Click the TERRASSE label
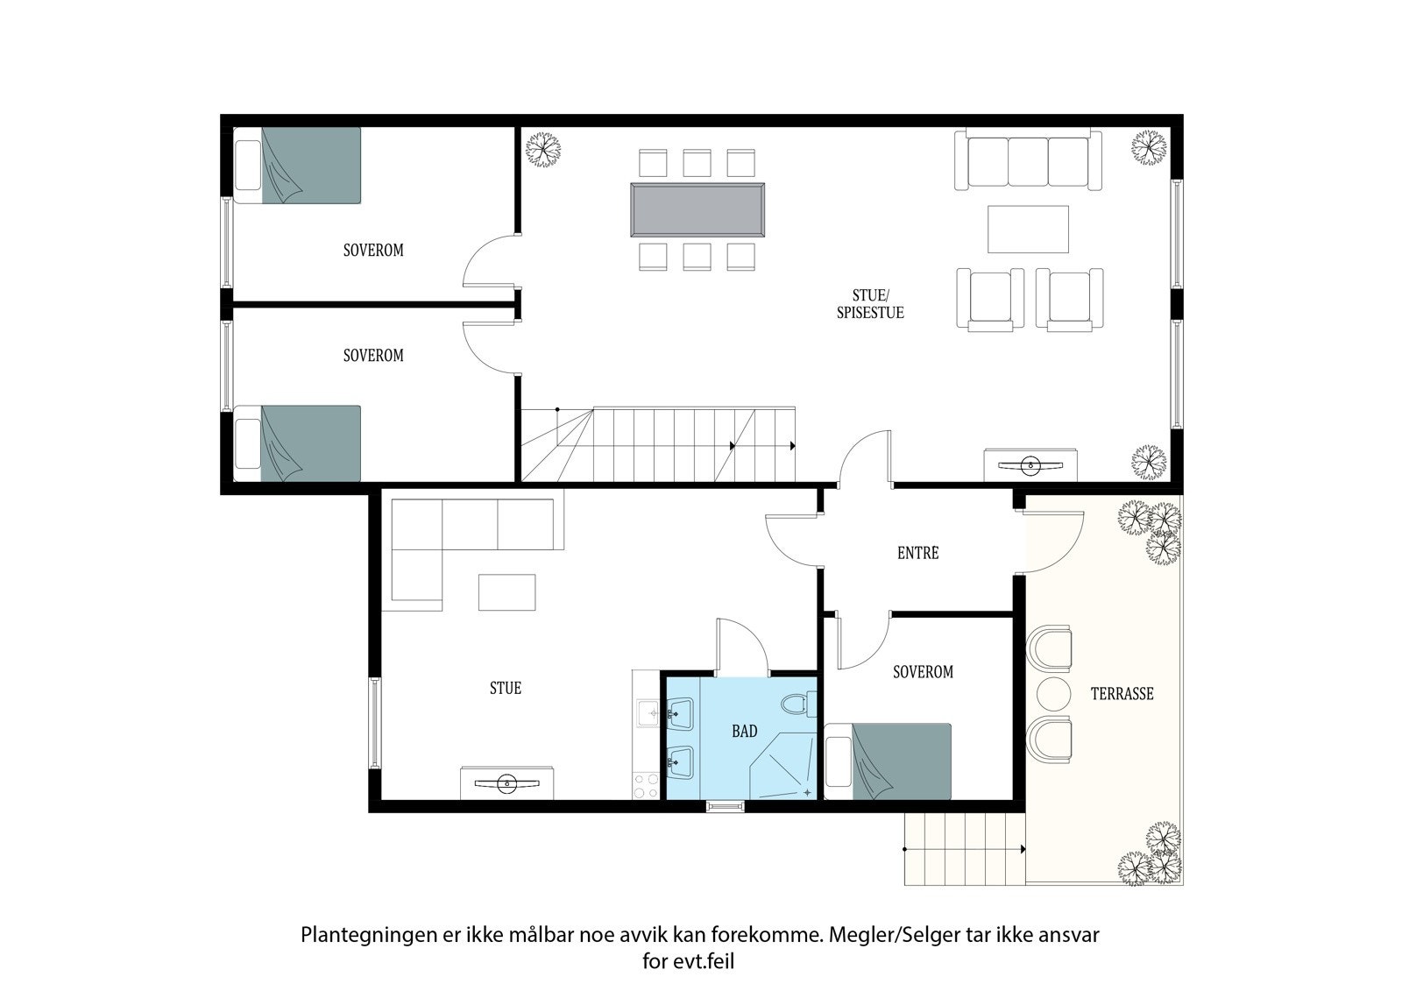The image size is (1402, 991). [x=1122, y=694]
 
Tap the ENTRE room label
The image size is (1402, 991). [x=917, y=553]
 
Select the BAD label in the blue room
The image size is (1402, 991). [x=744, y=731]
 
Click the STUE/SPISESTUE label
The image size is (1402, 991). [x=869, y=304]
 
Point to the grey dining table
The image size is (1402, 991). [x=697, y=209]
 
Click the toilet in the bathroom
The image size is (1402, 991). [x=796, y=704]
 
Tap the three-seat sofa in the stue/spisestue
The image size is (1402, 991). [x=1028, y=159]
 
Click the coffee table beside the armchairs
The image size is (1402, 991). [x=1028, y=229]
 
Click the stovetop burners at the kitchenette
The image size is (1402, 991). [x=646, y=784]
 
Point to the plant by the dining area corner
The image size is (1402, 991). [x=542, y=148]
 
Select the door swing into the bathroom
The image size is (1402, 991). [x=743, y=647]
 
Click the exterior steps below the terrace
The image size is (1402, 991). [x=964, y=848]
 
